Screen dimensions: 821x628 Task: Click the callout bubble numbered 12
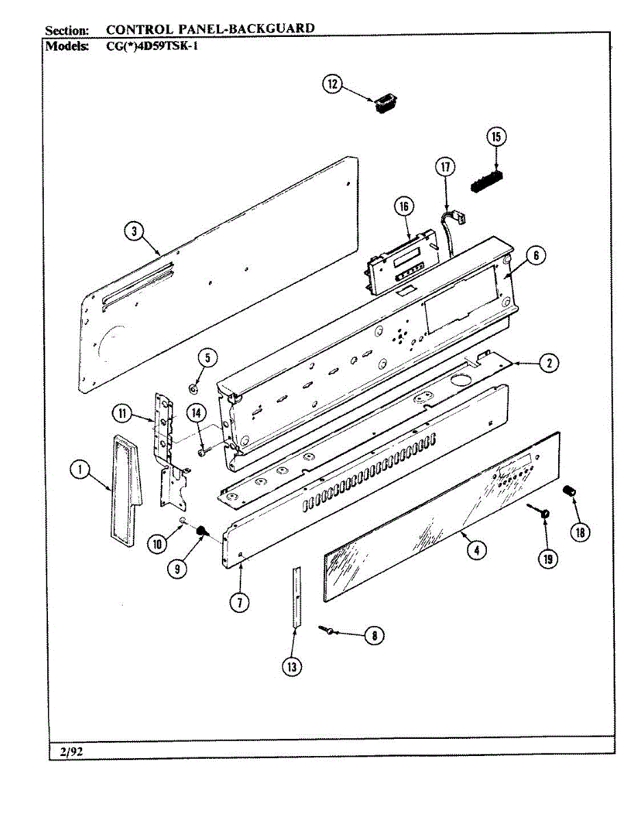click(x=332, y=84)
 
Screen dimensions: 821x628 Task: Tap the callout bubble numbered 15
click(x=496, y=137)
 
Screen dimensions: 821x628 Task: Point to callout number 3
click(x=134, y=231)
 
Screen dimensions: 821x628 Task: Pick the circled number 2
click(x=548, y=363)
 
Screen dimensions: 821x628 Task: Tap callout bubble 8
click(x=374, y=636)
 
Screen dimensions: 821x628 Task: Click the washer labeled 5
click(x=194, y=389)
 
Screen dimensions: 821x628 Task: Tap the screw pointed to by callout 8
click(x=325, y=629)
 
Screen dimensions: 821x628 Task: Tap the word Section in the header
click(x=66, y=31)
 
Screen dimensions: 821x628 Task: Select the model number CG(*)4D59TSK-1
click(x=151, y=47)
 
